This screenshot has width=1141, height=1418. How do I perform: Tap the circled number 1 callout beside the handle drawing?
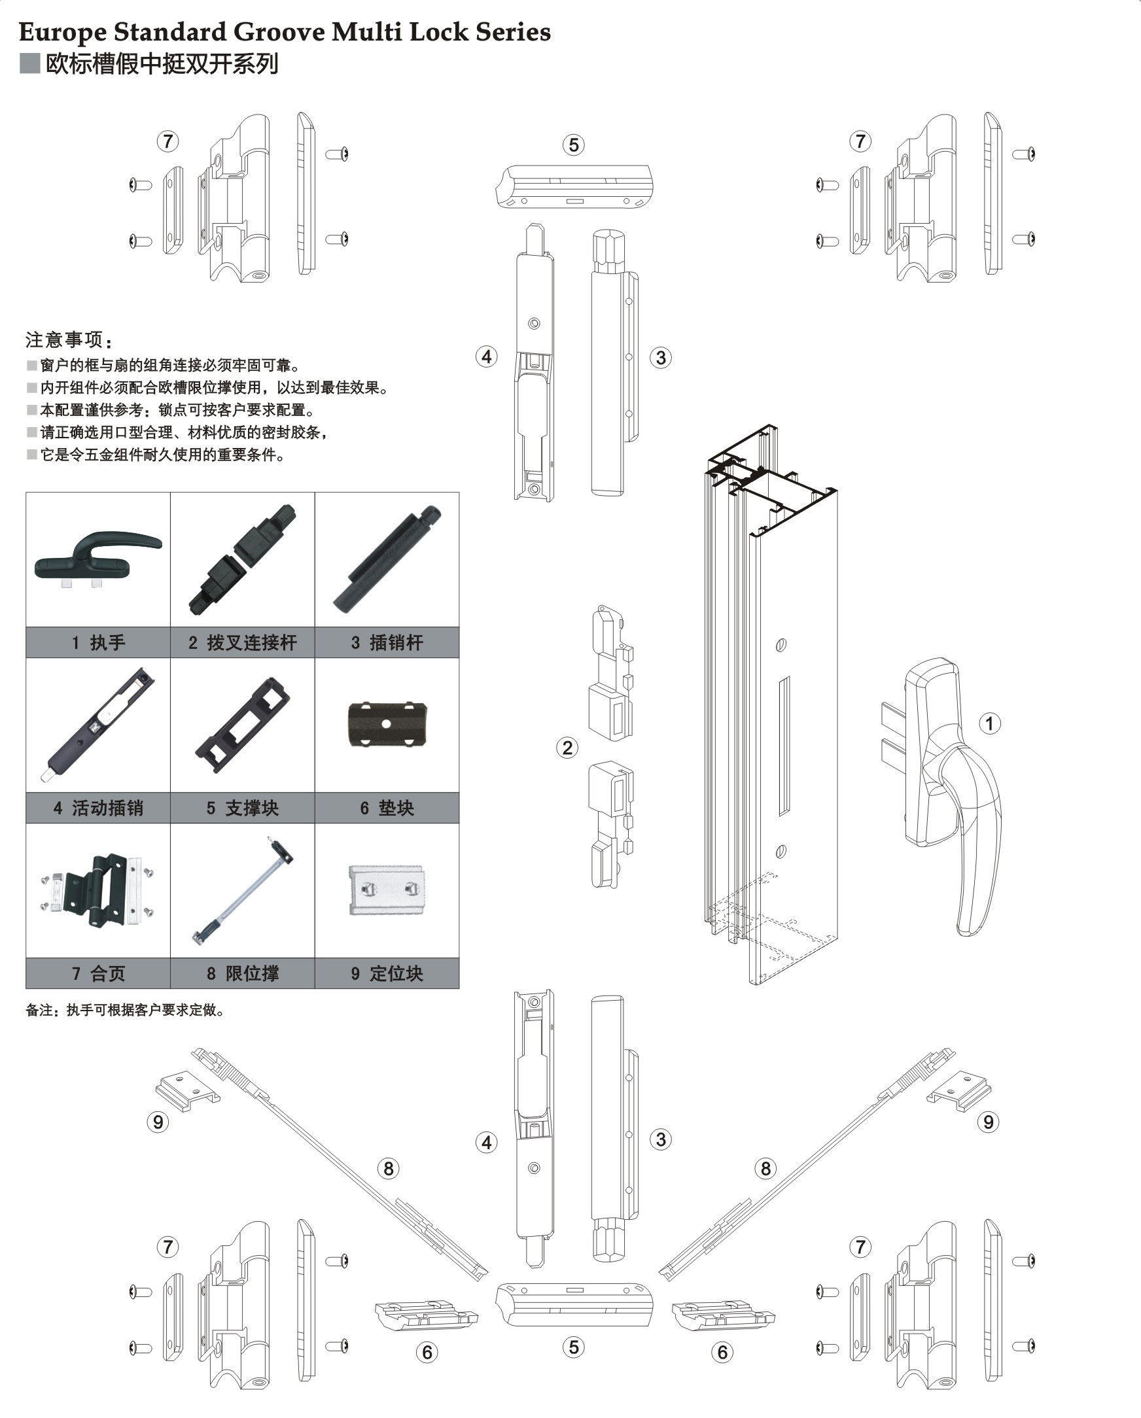[989, 723]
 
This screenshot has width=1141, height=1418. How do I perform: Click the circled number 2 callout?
[567, 747]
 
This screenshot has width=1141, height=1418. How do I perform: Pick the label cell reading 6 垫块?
[387, 808]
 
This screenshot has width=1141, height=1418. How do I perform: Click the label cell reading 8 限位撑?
[242, 973]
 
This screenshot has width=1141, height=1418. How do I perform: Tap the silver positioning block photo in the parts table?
[386, 890]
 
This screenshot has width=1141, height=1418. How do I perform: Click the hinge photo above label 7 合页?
[97, 890]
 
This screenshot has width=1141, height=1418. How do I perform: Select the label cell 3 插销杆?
[387, 642]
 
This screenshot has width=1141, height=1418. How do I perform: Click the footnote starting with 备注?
[125, 1011]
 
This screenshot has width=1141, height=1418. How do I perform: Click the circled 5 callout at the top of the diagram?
[574, 145]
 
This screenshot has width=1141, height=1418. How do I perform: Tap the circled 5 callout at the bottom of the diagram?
[574, 1347]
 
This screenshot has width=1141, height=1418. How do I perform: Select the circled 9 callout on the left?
[158, 1122]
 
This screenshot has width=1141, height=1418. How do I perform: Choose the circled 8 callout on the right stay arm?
[765, 1169]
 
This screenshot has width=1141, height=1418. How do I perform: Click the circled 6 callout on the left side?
[427, 1352]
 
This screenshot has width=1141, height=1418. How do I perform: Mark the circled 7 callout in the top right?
[860, 141]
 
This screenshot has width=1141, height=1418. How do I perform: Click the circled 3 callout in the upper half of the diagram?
[661, 358]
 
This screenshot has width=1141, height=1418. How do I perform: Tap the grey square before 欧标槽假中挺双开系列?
[29, 63]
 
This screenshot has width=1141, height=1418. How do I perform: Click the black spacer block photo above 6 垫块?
[387, 724]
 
